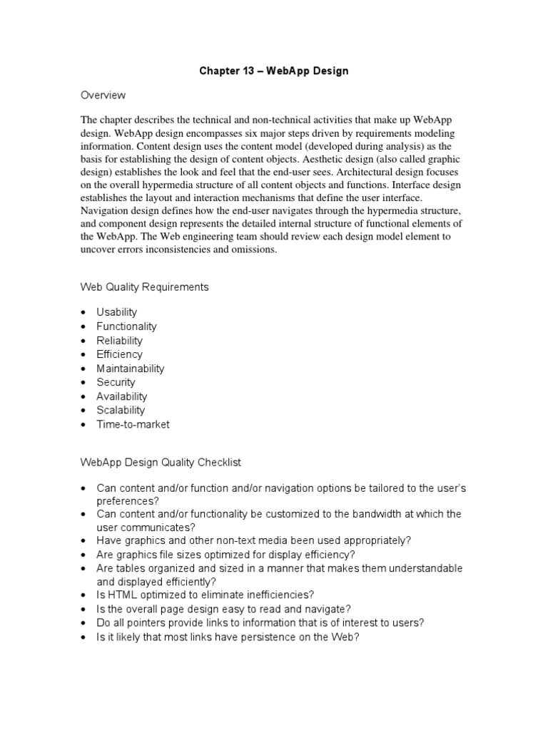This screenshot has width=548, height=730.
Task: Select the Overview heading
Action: pyautogui.click(x=103, y=95)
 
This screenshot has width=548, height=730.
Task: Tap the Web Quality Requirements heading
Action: pyautogui.click(x=143, y=287)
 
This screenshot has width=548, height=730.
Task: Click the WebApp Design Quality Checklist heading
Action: pyautogui.click(x=160, y=463)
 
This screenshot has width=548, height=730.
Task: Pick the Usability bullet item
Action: pyautogui.click(x=117, y=312)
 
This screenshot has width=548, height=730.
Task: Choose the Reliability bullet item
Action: pyautogui.click(x=120, y=340)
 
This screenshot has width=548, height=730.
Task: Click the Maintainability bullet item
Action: pyautogui.click(x=131, y=369)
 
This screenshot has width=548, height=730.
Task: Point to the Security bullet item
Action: pyautogui.click(x=116, y=382)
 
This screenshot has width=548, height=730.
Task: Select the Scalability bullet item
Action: pyautogui.click(x=121, y=410)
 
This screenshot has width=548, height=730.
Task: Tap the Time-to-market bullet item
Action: pyautogui.click(x=133, y=424)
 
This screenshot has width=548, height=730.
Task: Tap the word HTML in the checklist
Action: pyautogui.click(x=122, y=595)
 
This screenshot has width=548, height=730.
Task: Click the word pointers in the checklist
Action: pyautogui.click(x=149, y=622)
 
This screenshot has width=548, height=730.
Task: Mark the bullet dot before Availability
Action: pyautogui.click(x=83, y=396)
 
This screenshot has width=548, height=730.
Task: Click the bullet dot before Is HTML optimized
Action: pyautogui.click(x=83, y=595)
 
